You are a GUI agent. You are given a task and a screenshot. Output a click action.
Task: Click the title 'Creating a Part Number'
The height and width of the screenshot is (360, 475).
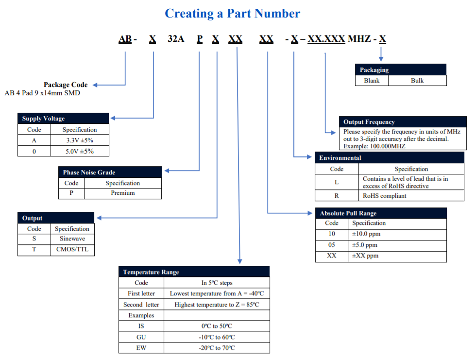[x=232, y=14]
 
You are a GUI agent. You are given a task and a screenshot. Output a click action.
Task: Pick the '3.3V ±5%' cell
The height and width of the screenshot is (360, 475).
[x=80, y=140]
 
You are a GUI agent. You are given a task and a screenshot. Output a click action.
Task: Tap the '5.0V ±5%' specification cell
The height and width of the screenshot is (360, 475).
[x=80, y=151]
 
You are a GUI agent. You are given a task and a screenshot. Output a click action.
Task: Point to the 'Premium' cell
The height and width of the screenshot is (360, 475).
[x=122, y=193]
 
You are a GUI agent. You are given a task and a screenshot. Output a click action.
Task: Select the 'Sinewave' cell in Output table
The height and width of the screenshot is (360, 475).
[x=72, y=239]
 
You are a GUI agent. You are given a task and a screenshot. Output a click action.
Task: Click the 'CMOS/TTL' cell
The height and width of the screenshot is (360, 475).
[x=72, y=250]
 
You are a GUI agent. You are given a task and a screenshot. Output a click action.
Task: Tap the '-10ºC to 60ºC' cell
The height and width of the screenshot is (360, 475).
[x=217, y=337]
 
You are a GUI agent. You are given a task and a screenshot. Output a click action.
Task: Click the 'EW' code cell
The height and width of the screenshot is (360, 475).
[x=141, y=348]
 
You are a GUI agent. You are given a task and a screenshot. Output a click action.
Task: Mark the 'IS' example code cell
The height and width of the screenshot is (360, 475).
[x=141, y=326]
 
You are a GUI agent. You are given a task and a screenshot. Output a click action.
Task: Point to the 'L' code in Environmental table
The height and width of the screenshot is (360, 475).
[x=337, y=183]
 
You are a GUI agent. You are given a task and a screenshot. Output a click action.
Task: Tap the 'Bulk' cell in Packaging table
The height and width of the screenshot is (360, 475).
[x=417, y=81]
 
